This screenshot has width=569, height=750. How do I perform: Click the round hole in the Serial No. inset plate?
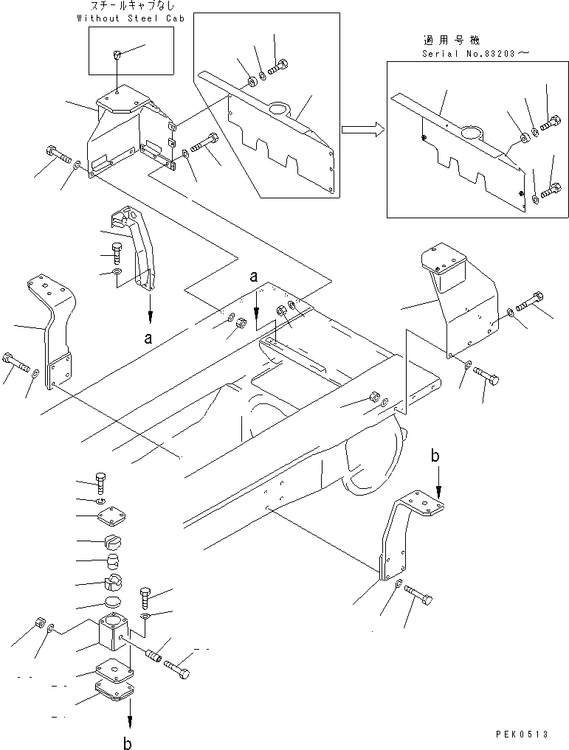click(470, 134)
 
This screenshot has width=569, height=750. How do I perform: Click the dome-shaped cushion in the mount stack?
click(113, 564)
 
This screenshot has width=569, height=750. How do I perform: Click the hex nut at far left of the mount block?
click(41, 622)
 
